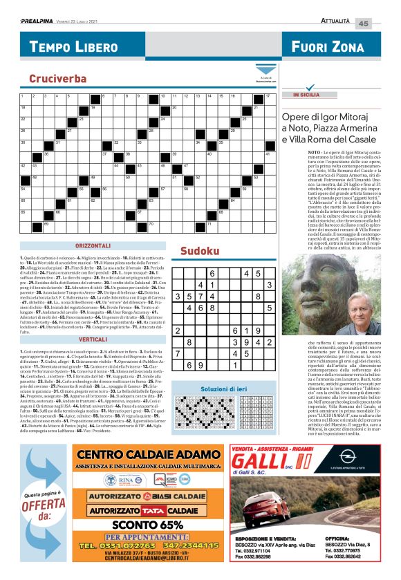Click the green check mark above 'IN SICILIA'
pyautogui.click(x=288, y=88)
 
